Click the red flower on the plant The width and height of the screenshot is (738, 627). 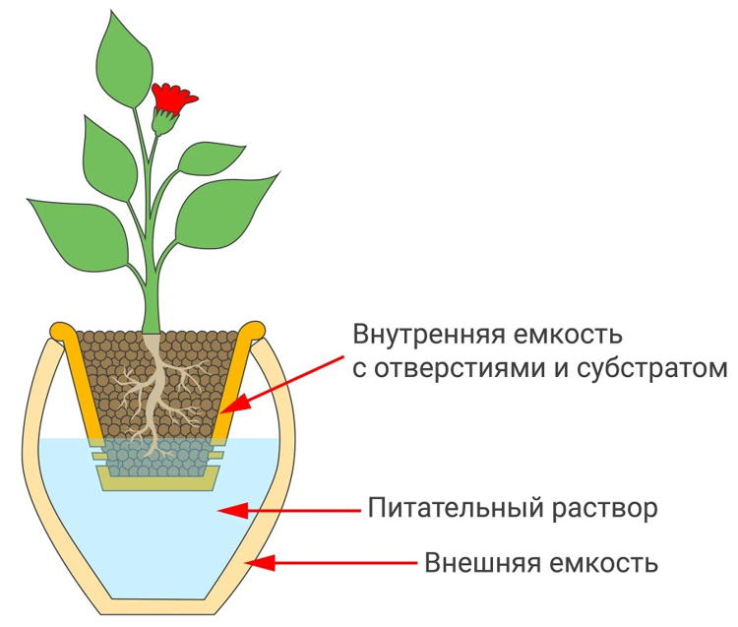[174, 96]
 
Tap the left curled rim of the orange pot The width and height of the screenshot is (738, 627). [60, 330]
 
